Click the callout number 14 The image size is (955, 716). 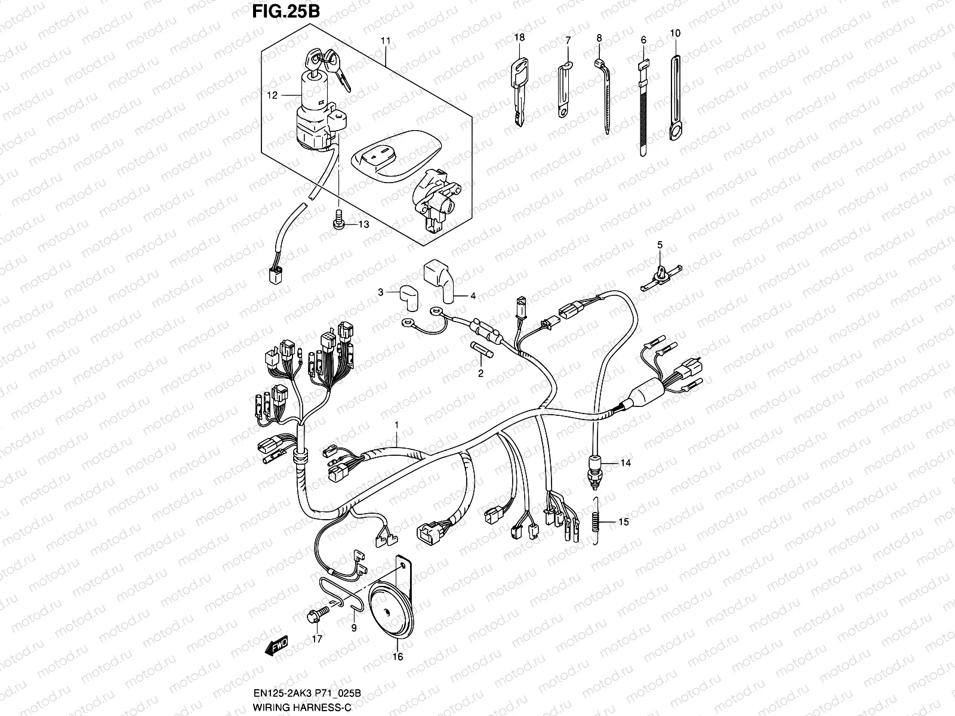(625, 463)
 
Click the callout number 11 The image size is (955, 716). (386, 41)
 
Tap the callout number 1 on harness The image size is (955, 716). (396, 424)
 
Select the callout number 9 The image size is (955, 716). (353, 628)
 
